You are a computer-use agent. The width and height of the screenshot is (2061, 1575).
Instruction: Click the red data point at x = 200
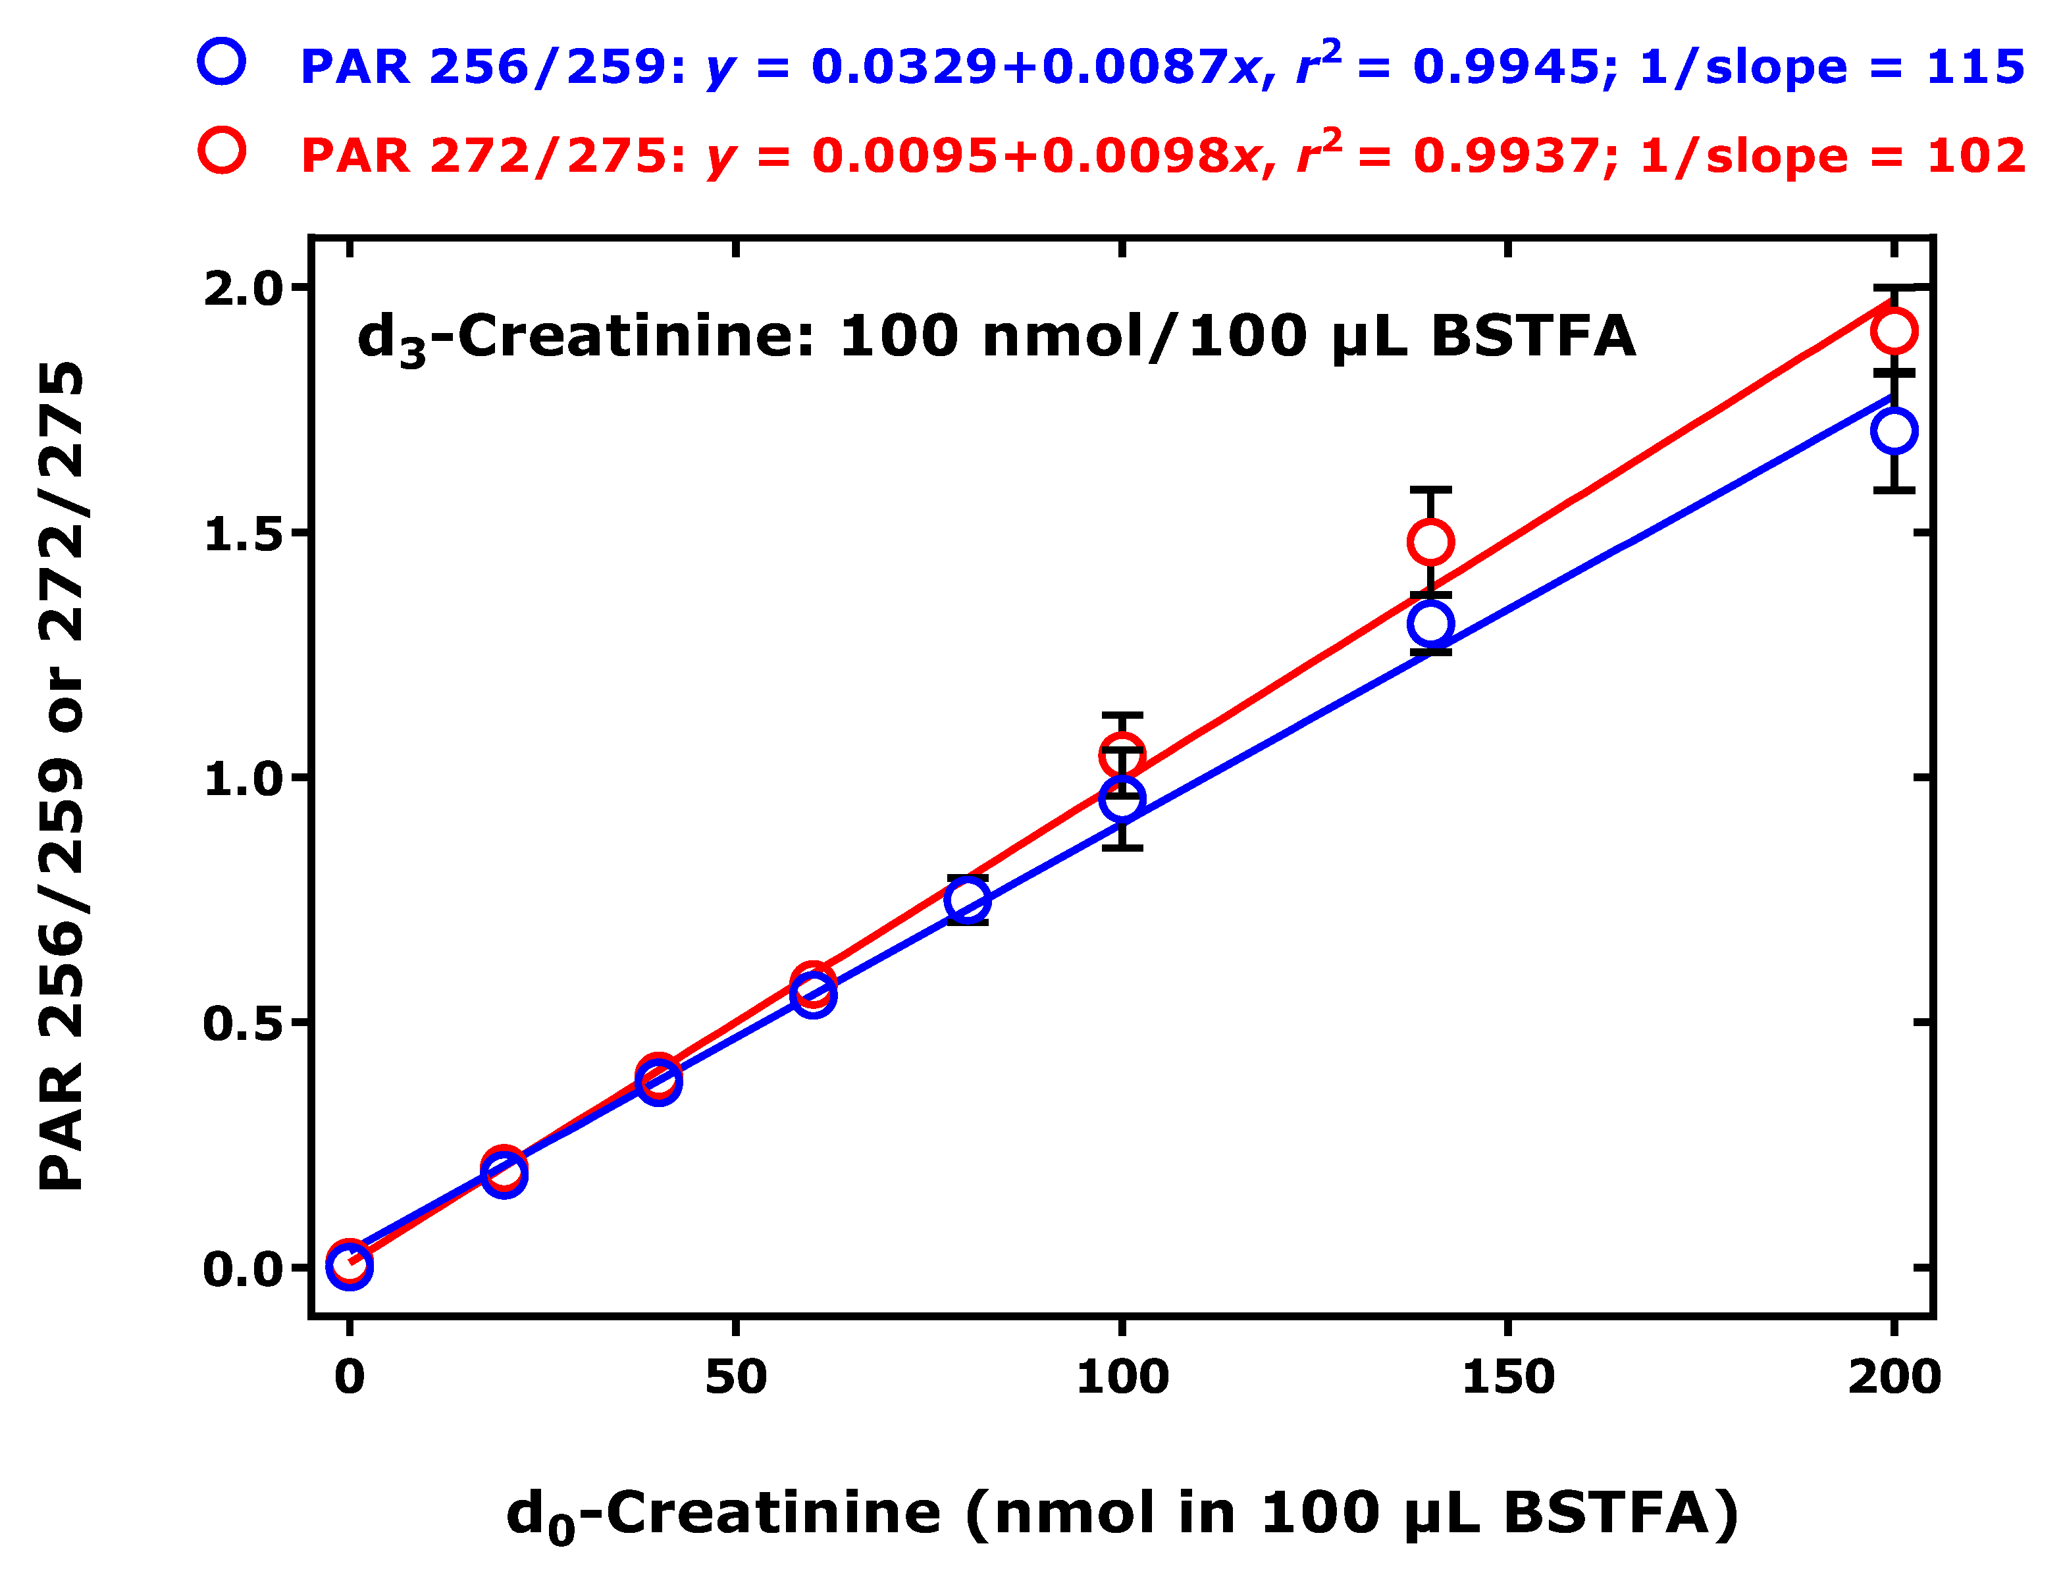(1893, 331)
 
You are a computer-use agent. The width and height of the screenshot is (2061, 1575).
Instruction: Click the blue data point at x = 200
(1893, 431)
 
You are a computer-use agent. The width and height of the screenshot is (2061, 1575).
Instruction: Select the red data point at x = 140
(1430, 542)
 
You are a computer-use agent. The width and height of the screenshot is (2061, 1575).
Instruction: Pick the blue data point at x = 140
(1430, 623)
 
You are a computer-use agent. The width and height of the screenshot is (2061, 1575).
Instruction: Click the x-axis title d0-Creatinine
(722, 1514)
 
